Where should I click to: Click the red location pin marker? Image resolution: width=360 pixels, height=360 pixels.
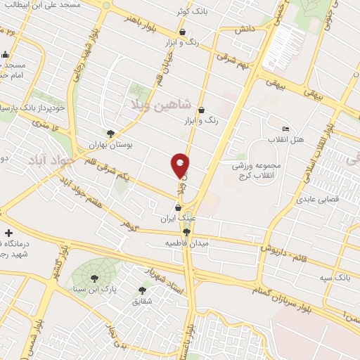pyautogui.click(x=181, y=165)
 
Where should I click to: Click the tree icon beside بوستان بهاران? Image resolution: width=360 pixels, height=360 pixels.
pyautogui.click(x=110, y=133)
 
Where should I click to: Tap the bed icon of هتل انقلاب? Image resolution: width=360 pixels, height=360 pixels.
pyautogui.click(x=285, y=129)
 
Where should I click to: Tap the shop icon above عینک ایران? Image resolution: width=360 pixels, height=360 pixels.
pyautogui.click(x=178, y=208)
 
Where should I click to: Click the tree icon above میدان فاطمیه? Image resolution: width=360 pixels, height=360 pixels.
pyautogui.click(x=187, y=232)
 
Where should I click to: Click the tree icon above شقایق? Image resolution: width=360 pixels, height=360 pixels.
pyautogui.click(x=143, y=290)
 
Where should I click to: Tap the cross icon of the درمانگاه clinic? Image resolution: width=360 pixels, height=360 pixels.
pyautogui.click(x=8, y=233)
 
